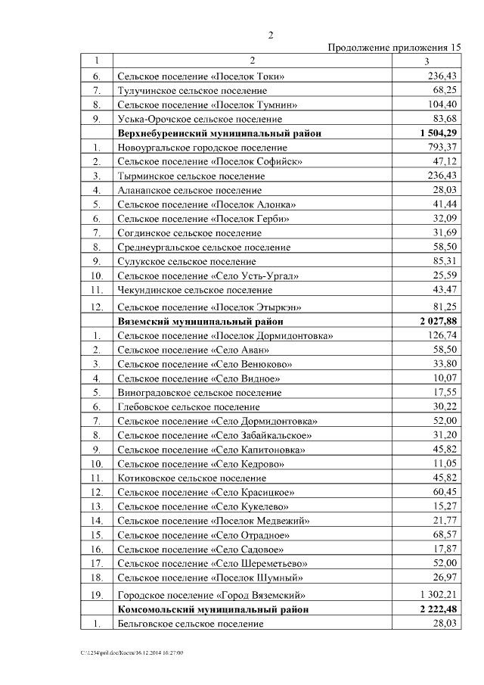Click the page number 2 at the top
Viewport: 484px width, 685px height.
click(x=270, y=35)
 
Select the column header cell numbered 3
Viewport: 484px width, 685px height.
click(x=427, y=61)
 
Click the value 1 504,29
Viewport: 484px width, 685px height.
click(x=439, y=133)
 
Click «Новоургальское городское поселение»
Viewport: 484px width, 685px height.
click(x=202, y=147)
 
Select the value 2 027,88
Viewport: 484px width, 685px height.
click(x=439, y=321)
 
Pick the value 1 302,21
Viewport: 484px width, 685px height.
click(x=439, y=595)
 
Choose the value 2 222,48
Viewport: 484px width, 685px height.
click(x=439, y=609)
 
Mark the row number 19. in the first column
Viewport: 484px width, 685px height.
click(x=96, y=595)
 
